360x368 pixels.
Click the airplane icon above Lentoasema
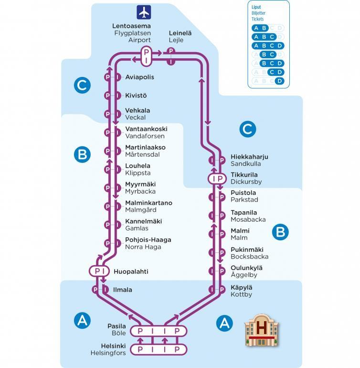click(x=143, y=11)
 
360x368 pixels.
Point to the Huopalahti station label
click(x=131, y=271)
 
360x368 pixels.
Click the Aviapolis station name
click(x=139, y=77)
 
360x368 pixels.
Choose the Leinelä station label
click(x=180, y=33)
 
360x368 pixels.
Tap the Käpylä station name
click(x=241, y=287)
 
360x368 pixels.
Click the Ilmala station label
click(x=123, y=290)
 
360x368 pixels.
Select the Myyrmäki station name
click(x=140, y=184)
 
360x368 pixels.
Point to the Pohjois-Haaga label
click(x=148, y=240)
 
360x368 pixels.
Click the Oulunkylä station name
click(x=246, y=268)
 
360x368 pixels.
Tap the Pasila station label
click(x=116, y=326)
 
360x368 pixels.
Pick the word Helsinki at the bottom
click(x=113, y=346)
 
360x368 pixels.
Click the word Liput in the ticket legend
click(x=256, y=8)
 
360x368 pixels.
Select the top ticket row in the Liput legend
click(x=268, y=28)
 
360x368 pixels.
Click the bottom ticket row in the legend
click(x=268, y=81)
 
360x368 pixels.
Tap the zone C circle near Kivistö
click(x=82, y=86)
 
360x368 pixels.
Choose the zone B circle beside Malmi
click(x=280, y=232)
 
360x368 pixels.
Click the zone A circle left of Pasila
click(x=83, y=320)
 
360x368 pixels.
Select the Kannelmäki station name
click(x=143, y=221)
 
